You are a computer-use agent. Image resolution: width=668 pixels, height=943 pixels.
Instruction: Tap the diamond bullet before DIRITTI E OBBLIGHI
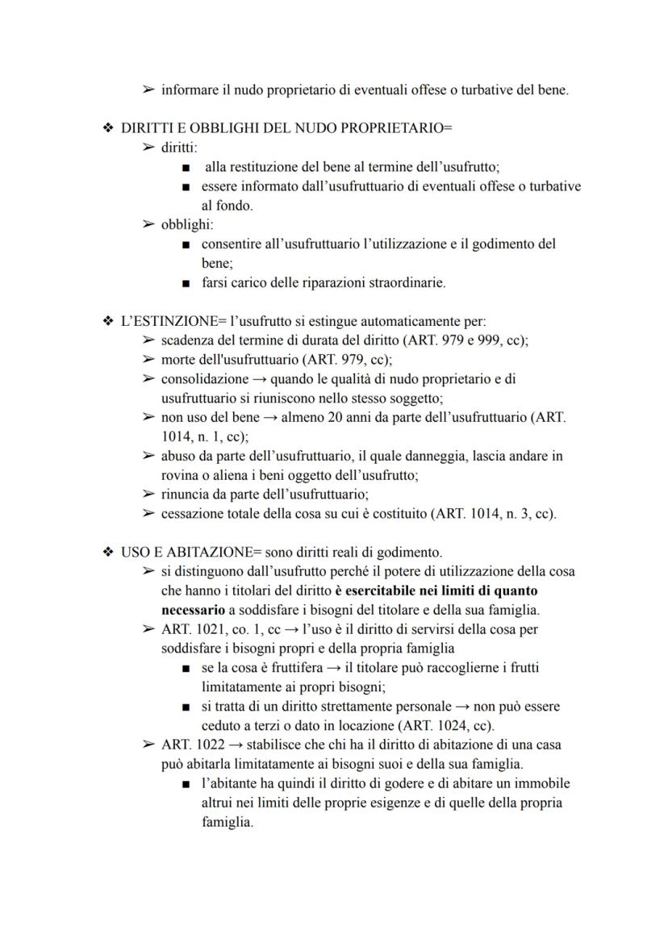(108, 130)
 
